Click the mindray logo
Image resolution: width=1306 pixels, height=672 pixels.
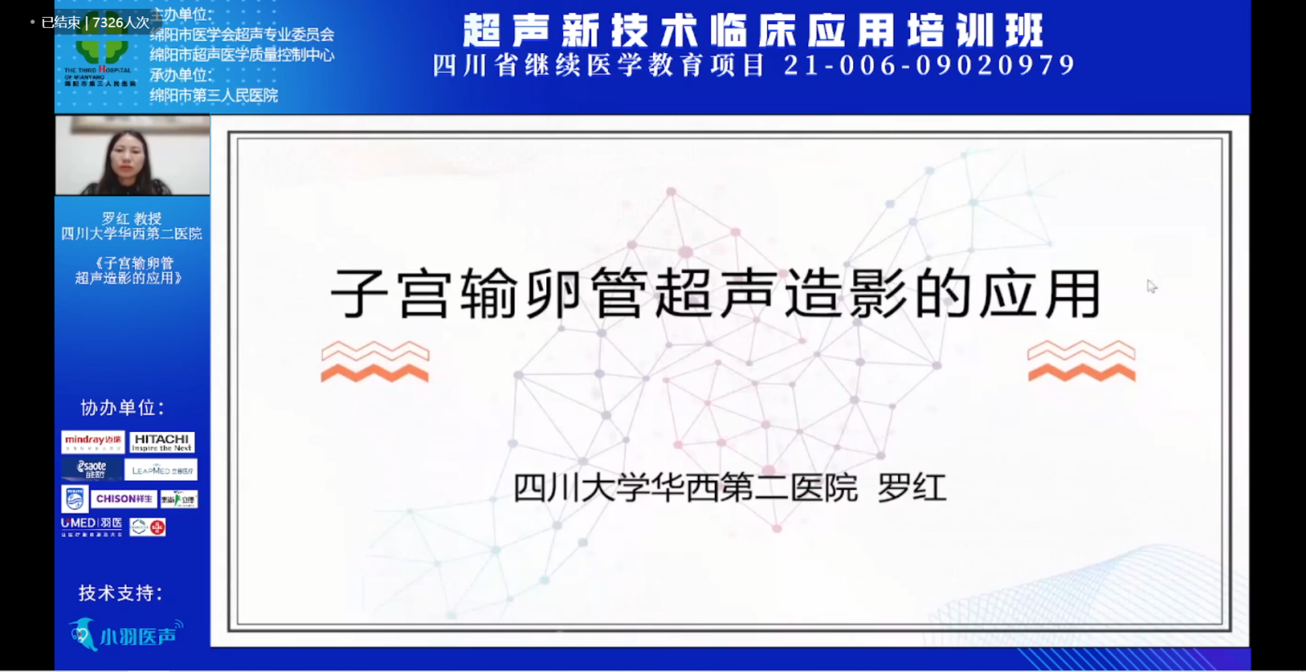point(93,442)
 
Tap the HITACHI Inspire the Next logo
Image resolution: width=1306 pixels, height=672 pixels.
point(162,442)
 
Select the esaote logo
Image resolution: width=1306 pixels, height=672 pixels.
point(91,469)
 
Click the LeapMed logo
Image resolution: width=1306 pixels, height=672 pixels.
point(162,470)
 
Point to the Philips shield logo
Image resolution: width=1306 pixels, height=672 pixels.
point(74,498)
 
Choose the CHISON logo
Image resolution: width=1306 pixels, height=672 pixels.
point(124,498)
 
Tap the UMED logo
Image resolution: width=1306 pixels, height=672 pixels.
point(91,526)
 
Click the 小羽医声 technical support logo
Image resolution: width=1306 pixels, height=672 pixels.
point(127,634)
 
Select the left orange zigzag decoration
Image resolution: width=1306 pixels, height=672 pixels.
point(375,362)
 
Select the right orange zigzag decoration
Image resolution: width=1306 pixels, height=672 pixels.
point(1081,362)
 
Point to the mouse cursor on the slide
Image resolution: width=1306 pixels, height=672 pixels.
point(1151,286)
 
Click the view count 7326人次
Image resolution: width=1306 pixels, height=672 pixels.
point(121,23)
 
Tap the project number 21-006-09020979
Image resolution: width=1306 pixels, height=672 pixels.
point(930,65)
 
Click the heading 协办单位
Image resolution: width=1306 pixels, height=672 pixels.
point(122,407)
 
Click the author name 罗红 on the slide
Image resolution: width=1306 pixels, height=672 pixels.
point(912,488)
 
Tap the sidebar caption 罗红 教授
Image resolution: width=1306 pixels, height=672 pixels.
point(131,218)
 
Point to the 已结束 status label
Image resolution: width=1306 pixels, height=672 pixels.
point(60,23)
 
